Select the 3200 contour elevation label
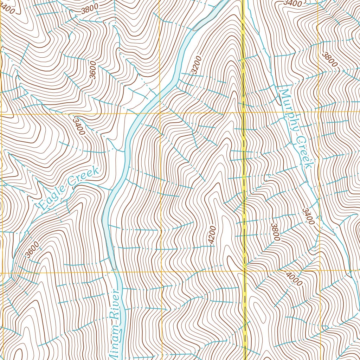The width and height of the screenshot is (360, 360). pyautogui.click(x=197, y=65)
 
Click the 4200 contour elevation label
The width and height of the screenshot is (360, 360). pyautogui.click(x=211, y=234)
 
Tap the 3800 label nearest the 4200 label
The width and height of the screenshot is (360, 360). pyautogui.click(x=275, y=232)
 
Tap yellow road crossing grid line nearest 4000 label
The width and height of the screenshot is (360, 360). pyautogui.click(x=244, y=271)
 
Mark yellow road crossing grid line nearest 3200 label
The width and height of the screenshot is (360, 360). pyautogui.click(x=243, y=113)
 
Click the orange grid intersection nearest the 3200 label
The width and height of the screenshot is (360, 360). pyautogui.click(x=160, y=113)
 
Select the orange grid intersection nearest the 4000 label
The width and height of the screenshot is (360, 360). pyautogui.click(x=320, y=271)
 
